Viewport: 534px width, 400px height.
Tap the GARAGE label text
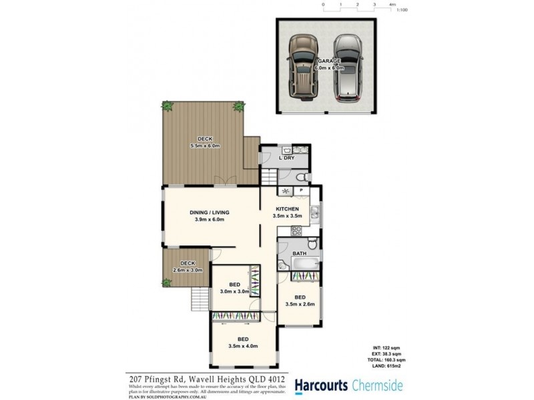click(328, 61)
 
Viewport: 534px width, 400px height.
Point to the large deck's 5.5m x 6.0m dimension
click(206, 145)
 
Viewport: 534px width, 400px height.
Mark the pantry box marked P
click(301, 191)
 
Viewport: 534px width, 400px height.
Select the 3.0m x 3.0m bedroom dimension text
click(234, 291)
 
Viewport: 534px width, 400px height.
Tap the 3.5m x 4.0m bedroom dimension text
click(242, 346)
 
